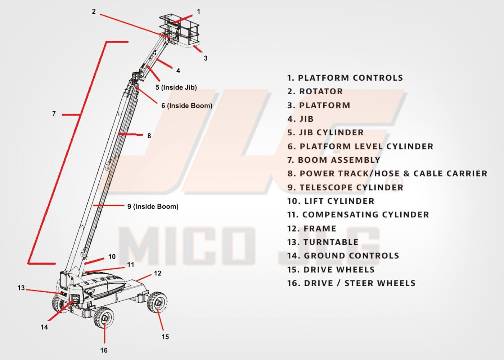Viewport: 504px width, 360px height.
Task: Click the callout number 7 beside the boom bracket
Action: coord(54,114)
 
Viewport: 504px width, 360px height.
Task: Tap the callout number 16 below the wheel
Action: coord(104,350)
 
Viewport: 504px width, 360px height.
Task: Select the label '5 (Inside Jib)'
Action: coord(176,87)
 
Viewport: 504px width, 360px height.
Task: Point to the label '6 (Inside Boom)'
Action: coord(186,105)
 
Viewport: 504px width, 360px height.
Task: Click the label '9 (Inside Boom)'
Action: coord(153,206)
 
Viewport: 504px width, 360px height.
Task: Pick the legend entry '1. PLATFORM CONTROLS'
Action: coord(345,78)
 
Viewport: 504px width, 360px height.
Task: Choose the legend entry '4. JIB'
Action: coord(301,119)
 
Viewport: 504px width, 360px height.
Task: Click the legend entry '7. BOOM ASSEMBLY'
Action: coord(334,160)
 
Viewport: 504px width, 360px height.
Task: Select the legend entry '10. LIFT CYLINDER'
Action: coord(331,201)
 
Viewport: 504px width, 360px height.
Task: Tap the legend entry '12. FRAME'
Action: coord(312,228)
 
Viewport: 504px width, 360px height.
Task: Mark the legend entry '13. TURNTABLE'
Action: coord(323,242)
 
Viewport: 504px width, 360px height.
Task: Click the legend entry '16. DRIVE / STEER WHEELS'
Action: coord(351,283)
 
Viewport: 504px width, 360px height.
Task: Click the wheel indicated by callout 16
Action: coord(104,318)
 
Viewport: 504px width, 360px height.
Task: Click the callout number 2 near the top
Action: coord(94,12)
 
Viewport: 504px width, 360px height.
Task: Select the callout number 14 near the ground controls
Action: coord(44,327)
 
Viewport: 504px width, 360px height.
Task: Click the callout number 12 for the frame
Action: coord(157,273)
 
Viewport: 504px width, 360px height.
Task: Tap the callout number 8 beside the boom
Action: coord(149,136)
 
